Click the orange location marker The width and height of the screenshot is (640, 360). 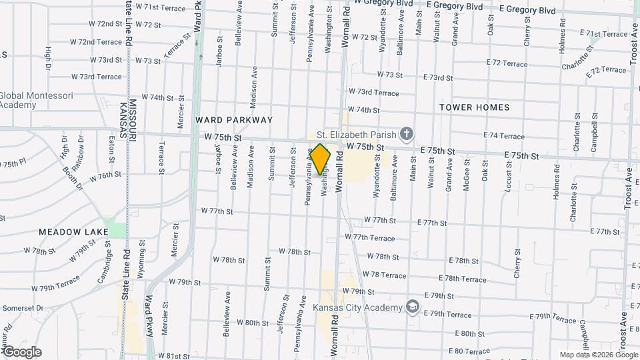point(321,159)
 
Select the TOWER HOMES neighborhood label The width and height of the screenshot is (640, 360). point(474,107)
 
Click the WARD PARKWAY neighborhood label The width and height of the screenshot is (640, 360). point(234,120)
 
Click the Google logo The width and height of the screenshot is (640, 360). point(22,351)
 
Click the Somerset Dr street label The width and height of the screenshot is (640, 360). point(22,308)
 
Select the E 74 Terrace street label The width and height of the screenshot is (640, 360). point(503,136)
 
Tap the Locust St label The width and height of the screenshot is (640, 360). point(508,181)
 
